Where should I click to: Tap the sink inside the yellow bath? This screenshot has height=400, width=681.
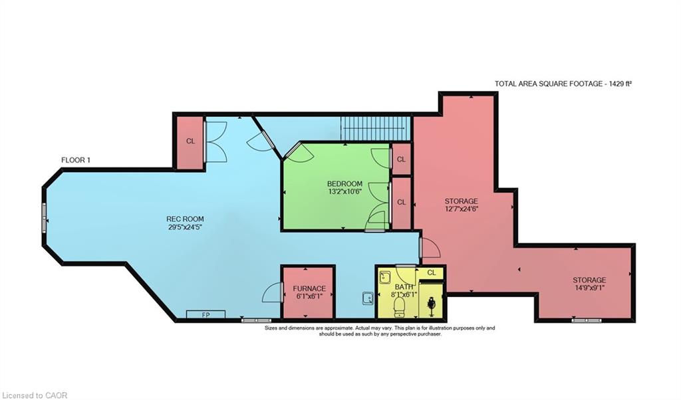(x=385, y=277)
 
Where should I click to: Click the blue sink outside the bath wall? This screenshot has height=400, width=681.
(x=368, y=298)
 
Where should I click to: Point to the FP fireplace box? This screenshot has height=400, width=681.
(x=206, y=314)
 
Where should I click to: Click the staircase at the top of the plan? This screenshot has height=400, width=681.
(x=375, y=129)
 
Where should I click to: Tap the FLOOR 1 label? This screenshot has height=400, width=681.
(x=76, y=160)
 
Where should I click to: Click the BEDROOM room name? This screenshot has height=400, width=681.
(x=345, y=183)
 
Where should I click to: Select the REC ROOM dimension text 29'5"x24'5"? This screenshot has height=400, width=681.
(x=186, y=227)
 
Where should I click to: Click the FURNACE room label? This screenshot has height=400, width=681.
(x=309, y=288)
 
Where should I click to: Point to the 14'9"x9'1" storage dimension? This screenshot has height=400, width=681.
(x=589, y=287)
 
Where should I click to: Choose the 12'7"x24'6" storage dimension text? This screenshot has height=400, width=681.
(x=461, y=208)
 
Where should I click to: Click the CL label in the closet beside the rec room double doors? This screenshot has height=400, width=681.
(x=190, y=141)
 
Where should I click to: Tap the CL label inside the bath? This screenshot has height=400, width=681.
(x=431, y=272)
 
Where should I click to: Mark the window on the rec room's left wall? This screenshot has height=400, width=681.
(x=44, y=218)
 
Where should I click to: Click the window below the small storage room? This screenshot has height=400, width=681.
(x=587, y=321)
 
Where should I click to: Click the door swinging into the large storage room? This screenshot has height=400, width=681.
(x=430, y=247)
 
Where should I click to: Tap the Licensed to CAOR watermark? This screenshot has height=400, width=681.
(x=34, y=395)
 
